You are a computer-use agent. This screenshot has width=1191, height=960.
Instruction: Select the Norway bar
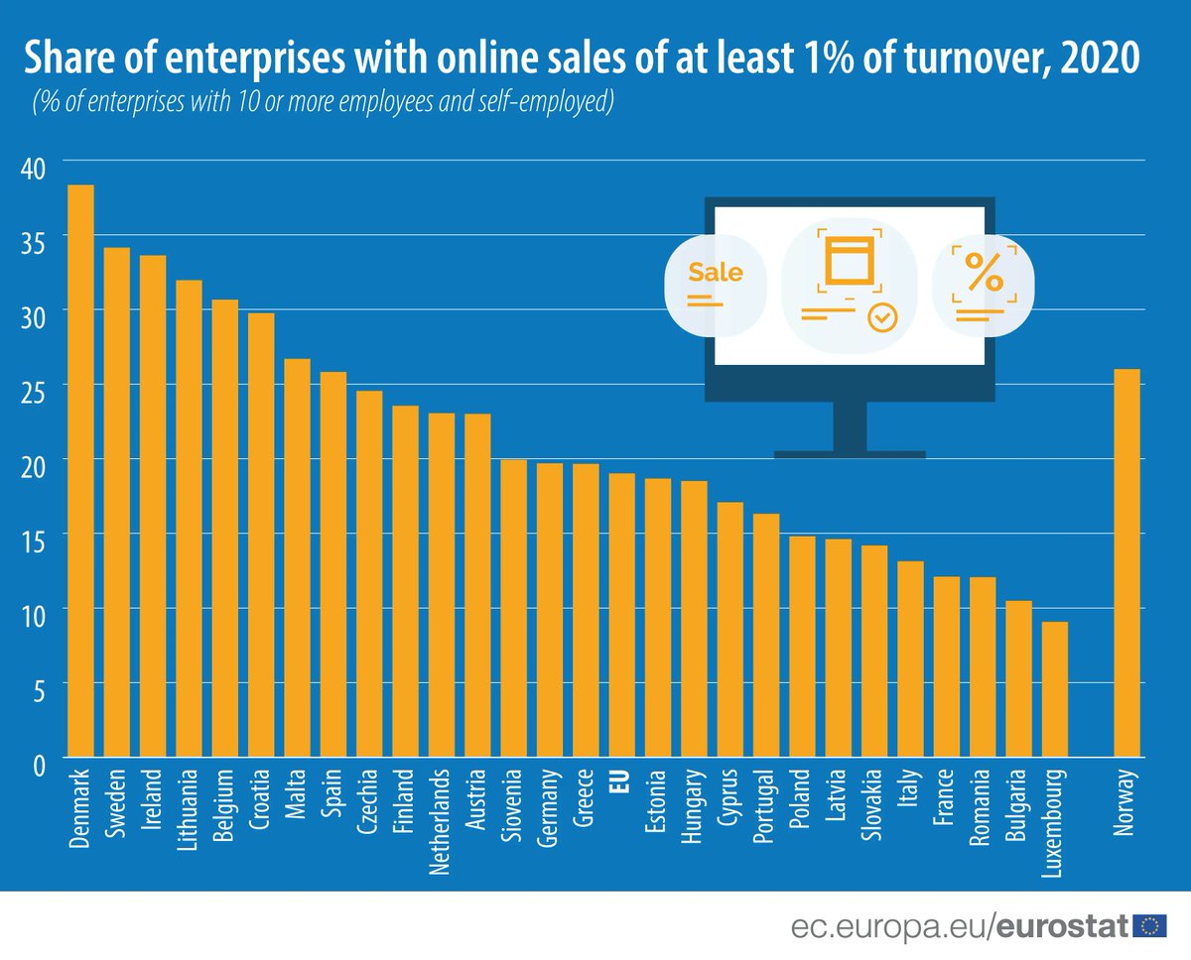click(1126, 563)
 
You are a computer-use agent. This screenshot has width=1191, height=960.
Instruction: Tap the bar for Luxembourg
click(1054, 689)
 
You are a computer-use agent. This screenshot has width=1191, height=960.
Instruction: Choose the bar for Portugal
click(766, 635)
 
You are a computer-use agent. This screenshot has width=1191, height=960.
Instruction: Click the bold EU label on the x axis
click(622, 783)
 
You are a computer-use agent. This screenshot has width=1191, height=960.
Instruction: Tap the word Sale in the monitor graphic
click(715, 272)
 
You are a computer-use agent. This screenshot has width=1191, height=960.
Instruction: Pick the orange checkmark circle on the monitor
click(881, 317)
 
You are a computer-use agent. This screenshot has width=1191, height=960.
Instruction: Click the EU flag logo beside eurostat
click(1151, 925)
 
